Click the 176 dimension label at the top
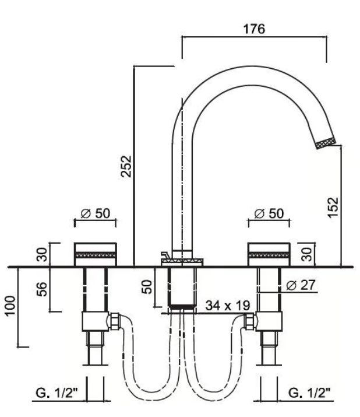(254, 29)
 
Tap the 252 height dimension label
(126, 166)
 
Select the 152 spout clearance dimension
(333, 208)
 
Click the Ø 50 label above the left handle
(95, 213)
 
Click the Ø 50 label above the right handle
(269, 213)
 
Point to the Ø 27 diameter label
(301, 285)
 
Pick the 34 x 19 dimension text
(228, 306)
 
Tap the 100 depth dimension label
(10, 306)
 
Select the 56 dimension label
(42, 289)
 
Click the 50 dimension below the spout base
(147, 287)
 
